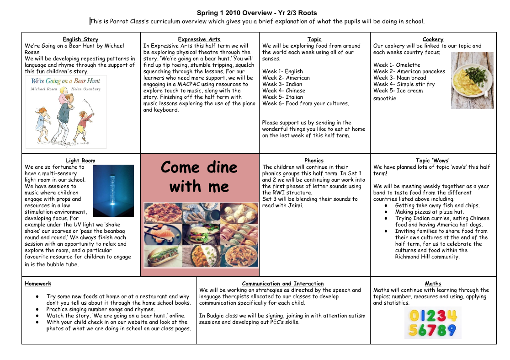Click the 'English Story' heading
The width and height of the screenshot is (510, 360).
pyautogui.click(x=80, y=39)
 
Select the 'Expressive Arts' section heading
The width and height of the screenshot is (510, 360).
pyautogui.click(x=199, y=39)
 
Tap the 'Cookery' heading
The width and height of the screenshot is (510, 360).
pyautogui.click(x=433, y=39)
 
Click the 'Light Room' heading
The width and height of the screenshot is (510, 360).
pyautogui.click(x=80, y=161)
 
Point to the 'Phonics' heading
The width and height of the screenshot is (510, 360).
pyautogui.click(x=314, y=161)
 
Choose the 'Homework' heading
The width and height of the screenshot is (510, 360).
pyautogui.click(x=38, y=284)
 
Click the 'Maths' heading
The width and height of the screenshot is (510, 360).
pyautogui.click(x=433, y=284)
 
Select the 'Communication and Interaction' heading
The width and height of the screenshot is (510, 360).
pyautogui.click(x=283, y=284)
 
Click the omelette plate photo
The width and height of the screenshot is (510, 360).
pyautogui.click(x=472, y=81)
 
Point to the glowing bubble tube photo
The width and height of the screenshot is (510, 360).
pyautogui.click(x=113, y=190)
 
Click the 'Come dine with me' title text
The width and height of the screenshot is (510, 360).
pyautogui.click(x=199, y=177)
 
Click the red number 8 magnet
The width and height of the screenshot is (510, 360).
pyautogui.click(x=441, y=330)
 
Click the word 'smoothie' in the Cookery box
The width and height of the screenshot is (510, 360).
pyautogui.click(x=385, y=98)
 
